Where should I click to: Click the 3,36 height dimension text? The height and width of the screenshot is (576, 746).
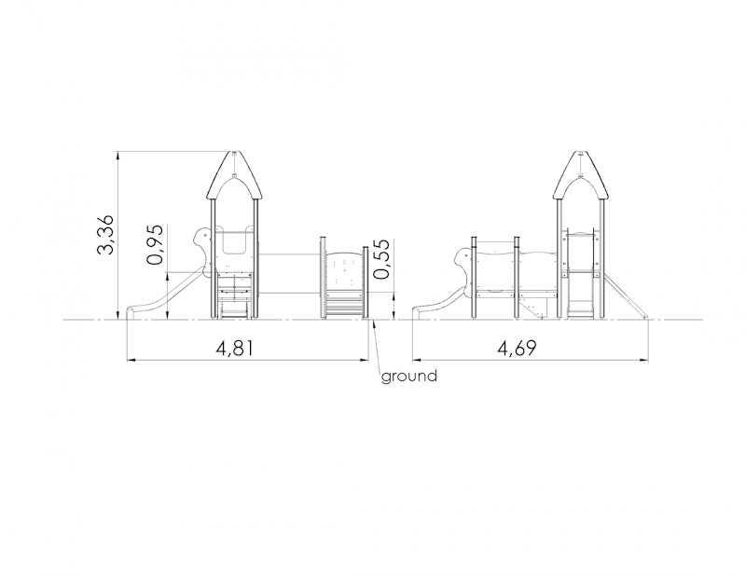tap(105, 235)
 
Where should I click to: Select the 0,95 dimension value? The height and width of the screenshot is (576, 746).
tap(156, 244)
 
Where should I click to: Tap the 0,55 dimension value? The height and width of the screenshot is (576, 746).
tap(381, 259)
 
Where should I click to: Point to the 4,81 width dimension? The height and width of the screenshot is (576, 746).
tap(235, 349)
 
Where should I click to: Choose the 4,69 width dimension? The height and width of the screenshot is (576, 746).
tap(517, 349)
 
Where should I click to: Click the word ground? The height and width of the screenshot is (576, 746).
tap(409, 377)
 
